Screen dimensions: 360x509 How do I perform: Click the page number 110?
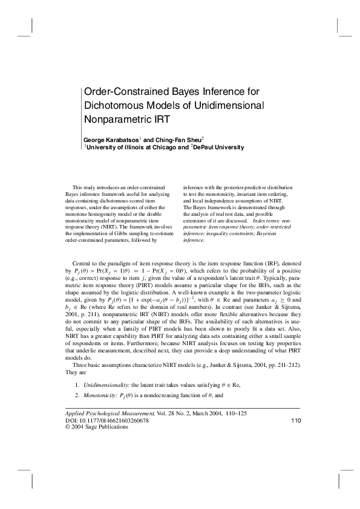tap(296, 420)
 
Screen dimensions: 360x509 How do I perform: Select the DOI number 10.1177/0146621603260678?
tap(114, 420)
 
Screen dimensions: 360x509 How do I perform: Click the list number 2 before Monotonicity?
tap(77, 395)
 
